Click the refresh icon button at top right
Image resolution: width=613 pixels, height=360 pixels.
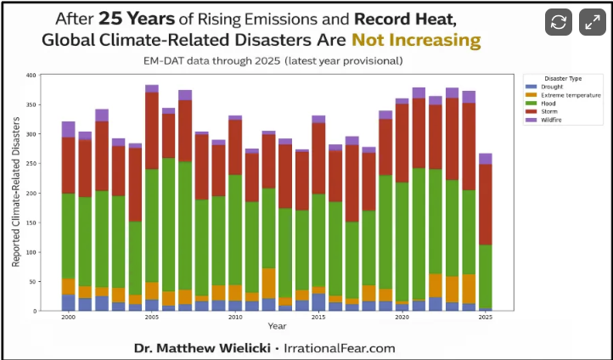pos(559,23)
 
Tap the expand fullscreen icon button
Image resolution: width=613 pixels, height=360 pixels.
pos(592,23)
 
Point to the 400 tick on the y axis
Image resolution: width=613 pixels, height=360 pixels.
pos(31,76)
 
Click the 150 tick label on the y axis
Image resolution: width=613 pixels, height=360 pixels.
pos(31,222)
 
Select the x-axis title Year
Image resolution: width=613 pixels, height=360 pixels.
pos(277,326)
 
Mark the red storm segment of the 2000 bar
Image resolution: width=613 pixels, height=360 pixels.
pos(68,166)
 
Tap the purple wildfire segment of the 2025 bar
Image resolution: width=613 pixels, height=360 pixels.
pos(486,159)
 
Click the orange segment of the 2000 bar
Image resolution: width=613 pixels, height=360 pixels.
pos(68,286)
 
